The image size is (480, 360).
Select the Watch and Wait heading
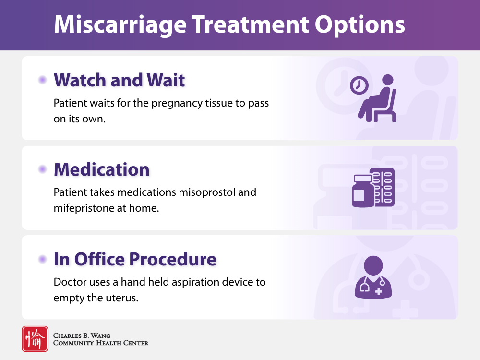pyautogui.click(x=119, y=80)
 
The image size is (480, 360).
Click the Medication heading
pyautogui.click(x=101, y=169)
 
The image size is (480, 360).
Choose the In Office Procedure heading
pyautogui.click(x=135, y=259)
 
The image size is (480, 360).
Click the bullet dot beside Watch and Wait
pyautogui.click(x=43, y=80)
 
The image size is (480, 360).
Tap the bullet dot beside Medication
pyautogui.click(x=43, y=169)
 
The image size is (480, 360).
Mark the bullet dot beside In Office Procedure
pyautogui.click(x=43, y=259)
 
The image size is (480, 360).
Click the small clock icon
pyautogui.click(x=359, y=85)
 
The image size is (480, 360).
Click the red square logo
pyautogui.click(x=35, y=339)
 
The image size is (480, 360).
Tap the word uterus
pyautogui.click(x=123, y=298)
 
